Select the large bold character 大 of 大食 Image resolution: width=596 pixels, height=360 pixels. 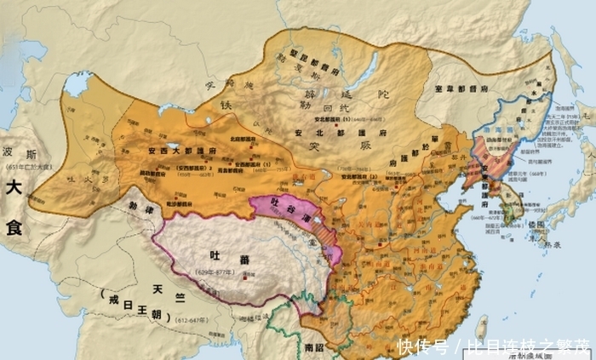click(x=14, y=186)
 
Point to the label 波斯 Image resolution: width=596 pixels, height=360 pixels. click(x=19, y=153)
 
